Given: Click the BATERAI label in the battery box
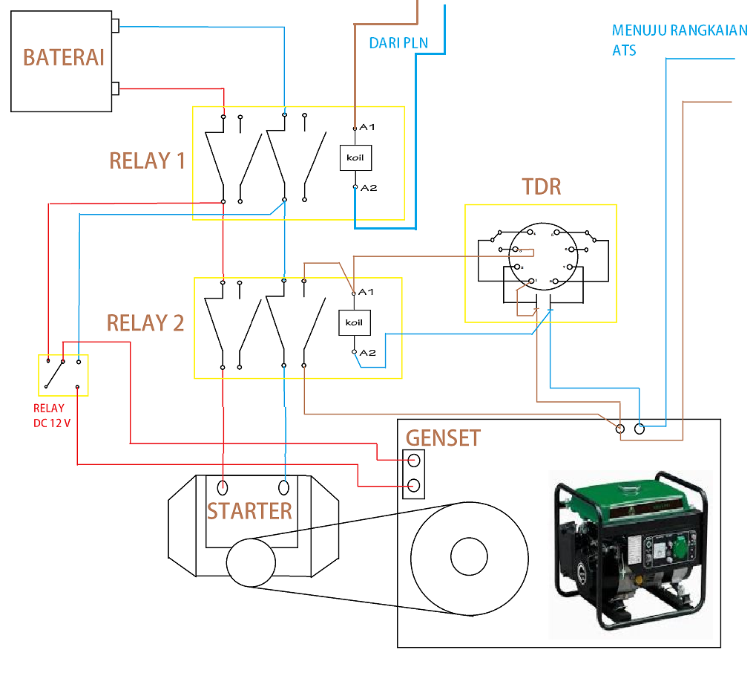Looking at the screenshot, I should tap(63, 58).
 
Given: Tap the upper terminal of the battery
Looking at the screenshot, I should tap(115, 27).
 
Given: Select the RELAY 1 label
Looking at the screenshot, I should tap(147, 160).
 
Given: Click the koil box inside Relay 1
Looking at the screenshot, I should tap(355, 157).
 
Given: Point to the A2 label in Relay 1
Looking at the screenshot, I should tap(369, 188).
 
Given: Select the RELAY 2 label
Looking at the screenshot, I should tap(145, 323).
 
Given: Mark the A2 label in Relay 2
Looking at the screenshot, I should tap(367, 353).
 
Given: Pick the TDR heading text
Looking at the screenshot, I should tap(542, 186).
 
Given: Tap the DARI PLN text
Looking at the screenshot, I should tap(398, 43).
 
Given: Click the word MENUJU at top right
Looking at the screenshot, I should tap(639, 31).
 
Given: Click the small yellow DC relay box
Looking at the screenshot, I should tap(63, 375).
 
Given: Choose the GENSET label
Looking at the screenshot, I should tap(443, 438).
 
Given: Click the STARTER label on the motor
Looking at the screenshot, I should tap(249, 511).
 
